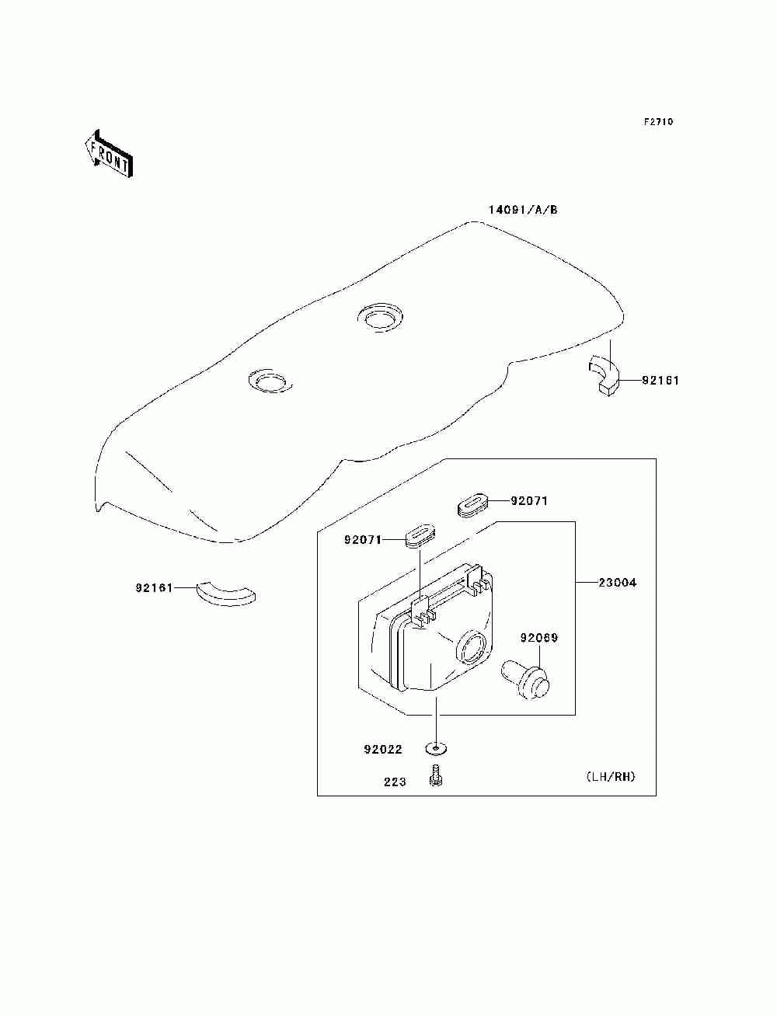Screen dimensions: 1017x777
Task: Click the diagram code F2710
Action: tap(658, 122)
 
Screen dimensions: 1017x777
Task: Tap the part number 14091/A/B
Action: tap(523, 210)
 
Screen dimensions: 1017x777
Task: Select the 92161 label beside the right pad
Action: tap(660, 381)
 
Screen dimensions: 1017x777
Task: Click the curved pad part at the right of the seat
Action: tap(605, 372)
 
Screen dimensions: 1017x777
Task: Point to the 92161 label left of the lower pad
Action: tap(153, 588)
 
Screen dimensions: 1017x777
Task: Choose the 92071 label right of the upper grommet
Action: tap(529, 501)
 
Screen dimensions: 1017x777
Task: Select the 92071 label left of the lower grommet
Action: tap(363, 539)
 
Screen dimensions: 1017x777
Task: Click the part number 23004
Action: tap(617, 582)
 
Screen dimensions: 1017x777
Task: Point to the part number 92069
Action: tap(539, 639)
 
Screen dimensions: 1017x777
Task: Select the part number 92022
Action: tap(383, 750)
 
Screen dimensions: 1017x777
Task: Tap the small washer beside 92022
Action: tap(436, 749)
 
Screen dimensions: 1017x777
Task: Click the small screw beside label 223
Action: tap(435, 775)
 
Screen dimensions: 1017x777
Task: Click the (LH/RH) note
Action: tap(611, 776)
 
